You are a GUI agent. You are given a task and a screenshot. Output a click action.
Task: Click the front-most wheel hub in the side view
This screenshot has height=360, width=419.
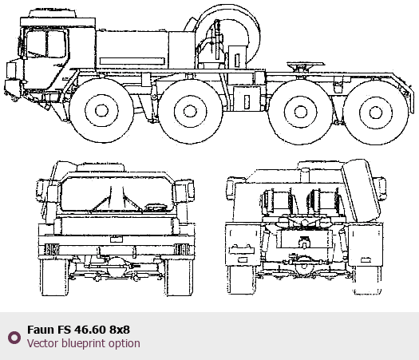coord(101,110)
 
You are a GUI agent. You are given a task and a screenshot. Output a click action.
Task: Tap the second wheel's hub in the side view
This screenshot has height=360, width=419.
coord(190,111)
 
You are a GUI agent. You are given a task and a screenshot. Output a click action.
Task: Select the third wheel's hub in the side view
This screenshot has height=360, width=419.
coord(301,112)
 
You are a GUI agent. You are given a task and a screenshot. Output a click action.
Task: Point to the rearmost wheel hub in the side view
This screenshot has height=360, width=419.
coord(376,113)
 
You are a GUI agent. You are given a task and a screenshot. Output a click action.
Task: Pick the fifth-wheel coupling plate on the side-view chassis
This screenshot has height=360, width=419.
coord(306,64)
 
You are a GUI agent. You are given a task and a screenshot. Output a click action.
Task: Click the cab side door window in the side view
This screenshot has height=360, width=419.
coord(46,44)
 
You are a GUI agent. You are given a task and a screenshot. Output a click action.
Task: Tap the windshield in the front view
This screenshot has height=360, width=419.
coord(117,194)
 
